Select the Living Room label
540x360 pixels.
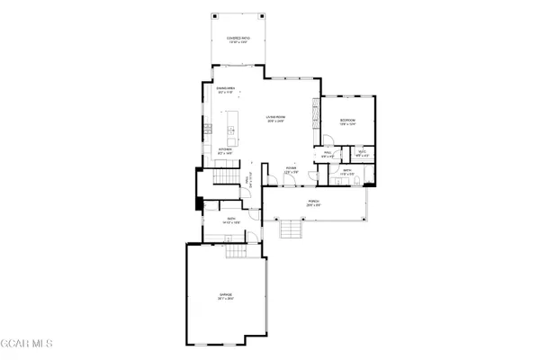point(274,117)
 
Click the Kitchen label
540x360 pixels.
point(226,150)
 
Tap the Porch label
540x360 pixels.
point(314,202)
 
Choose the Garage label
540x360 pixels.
point(226,295)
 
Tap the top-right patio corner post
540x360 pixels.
point(264,14)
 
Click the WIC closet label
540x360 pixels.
point(361,153)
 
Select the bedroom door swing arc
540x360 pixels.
point(329,139)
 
